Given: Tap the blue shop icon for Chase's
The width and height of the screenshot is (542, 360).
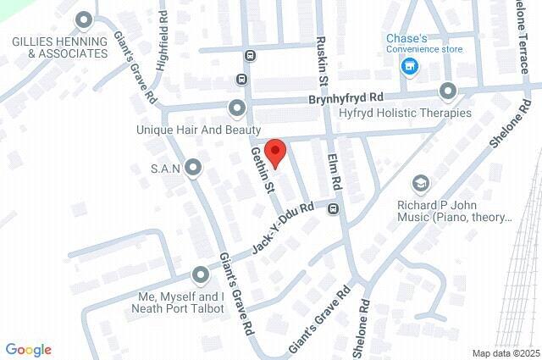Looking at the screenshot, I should click(x=410, y=67).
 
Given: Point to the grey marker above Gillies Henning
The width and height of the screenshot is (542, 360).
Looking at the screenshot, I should click(x=84, y=19).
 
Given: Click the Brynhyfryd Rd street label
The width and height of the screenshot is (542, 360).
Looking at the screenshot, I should click(x=346, y=98).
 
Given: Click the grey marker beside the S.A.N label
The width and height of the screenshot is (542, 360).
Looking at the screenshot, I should click(x=195, y=169).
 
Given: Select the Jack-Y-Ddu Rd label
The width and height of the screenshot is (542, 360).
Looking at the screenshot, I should click(x=282, y=229).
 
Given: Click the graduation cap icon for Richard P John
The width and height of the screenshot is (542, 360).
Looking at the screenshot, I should click(x=420, y=184).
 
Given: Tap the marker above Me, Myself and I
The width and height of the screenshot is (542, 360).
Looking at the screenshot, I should click(x=200, y=274).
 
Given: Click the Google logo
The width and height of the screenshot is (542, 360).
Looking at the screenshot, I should click(x=28, y=350).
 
